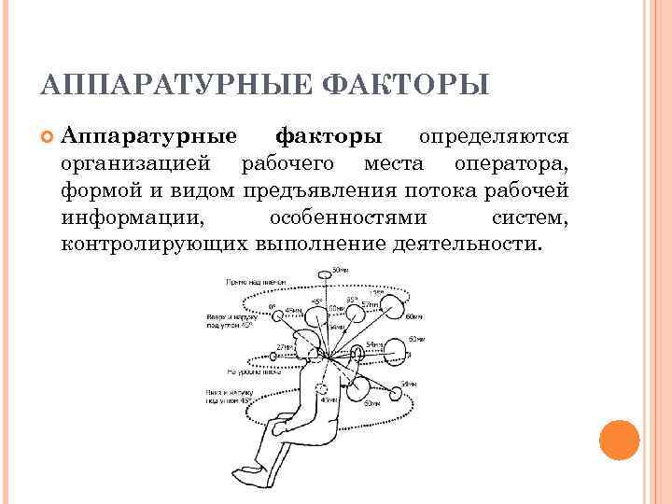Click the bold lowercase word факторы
329,137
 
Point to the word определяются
494,137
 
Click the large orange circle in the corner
618,438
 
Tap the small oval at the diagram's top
325,274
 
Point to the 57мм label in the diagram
371,305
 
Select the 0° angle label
272,306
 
